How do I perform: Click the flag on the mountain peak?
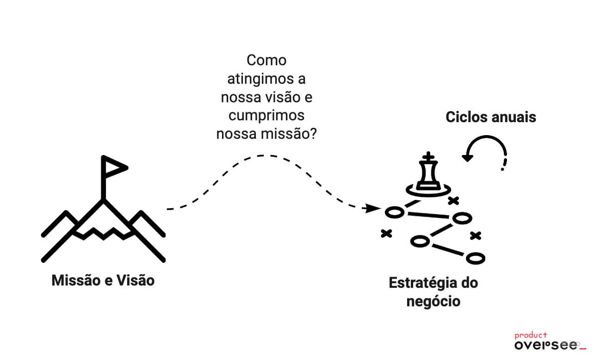click(113, 167)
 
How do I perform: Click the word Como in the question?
click(266, 60)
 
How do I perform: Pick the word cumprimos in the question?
click(266, 115)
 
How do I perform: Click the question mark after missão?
click(312, 134)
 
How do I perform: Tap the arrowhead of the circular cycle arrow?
click(468, 157)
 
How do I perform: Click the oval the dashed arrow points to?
click(394, 212)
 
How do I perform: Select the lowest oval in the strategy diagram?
click(475, 258)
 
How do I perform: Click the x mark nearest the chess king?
click(454, 200)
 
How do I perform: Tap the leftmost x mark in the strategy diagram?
click(386, 234)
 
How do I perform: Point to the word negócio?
click(433, 302)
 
